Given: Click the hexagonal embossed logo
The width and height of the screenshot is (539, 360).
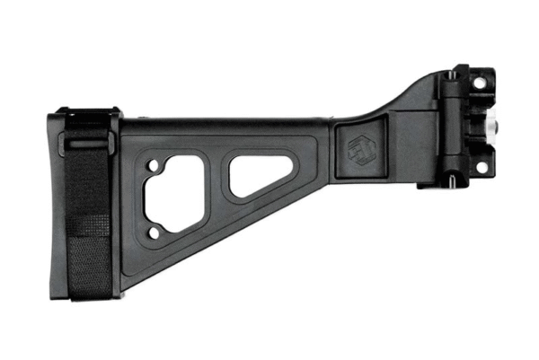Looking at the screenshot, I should [x=361, y=146].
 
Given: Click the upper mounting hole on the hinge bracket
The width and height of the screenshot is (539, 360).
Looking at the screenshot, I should [x=480, y=83].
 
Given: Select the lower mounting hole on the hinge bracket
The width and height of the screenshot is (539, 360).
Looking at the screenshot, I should [x=480, y=167].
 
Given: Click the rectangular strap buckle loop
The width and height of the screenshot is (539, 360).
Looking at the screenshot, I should [x=87, y=142].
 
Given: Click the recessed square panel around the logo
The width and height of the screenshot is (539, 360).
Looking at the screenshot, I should [x=361, y=146].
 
